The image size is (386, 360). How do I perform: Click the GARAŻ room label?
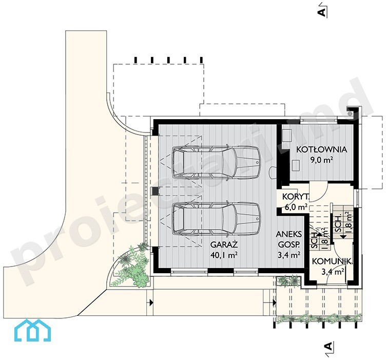224,245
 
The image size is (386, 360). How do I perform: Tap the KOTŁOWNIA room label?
321,149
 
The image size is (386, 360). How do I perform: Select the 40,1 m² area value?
224,255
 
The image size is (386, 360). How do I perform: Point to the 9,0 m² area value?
321,160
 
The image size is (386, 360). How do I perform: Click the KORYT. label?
296,197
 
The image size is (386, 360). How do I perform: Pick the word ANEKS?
289,234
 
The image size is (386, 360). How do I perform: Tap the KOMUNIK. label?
332,261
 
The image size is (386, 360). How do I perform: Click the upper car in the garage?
216,162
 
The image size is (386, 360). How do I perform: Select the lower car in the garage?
216,218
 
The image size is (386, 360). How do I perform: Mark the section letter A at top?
322,12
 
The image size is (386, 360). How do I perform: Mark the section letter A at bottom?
329,347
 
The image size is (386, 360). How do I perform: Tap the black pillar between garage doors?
156,191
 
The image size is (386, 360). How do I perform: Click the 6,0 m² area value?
296,207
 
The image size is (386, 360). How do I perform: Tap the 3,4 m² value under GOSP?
289,255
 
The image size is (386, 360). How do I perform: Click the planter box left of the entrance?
288,281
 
